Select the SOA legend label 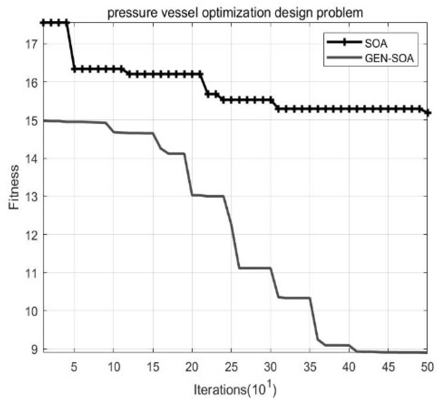376,43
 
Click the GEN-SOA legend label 389,58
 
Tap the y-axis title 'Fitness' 14,187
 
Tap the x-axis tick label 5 74,367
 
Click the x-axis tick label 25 231,367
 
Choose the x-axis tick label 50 427,367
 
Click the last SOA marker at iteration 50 427,113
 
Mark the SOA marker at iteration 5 74,69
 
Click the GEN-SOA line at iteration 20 192,195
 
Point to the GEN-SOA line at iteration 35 310,299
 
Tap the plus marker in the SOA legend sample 343,42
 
